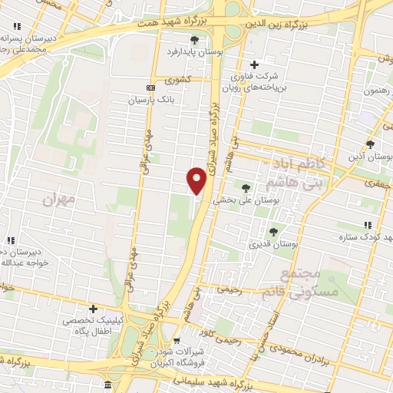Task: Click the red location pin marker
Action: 196,180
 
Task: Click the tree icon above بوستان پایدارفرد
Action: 194,40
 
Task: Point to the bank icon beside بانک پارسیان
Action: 150,88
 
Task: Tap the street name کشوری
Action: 177,80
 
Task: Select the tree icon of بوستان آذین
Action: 370,144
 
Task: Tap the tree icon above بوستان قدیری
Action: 272,232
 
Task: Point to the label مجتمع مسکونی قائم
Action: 290,285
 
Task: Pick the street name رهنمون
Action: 378,91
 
